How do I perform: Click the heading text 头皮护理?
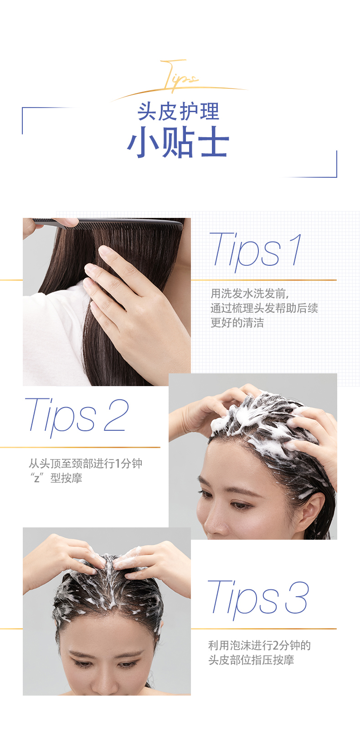[x=179, y=112]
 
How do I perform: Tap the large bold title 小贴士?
[x=178, y=142]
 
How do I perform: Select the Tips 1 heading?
[x=256, y=251]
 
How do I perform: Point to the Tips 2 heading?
[x=77, y=417]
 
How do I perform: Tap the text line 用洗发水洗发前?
[x=250, y=293]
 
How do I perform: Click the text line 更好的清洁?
[x=237, y=323]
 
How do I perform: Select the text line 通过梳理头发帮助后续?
[x=264, y=308]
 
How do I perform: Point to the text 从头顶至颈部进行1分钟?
[x=85, y=463]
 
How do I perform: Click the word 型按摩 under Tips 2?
[x=66, y=478]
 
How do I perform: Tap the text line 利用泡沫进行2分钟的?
[x=260, y=645]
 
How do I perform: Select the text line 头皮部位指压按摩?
[x=251, y=660]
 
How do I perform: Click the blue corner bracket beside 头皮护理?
[x=22, y=120]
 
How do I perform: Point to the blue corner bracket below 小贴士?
[x=336, y=164]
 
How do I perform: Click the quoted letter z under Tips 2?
[x=37, y=478]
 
